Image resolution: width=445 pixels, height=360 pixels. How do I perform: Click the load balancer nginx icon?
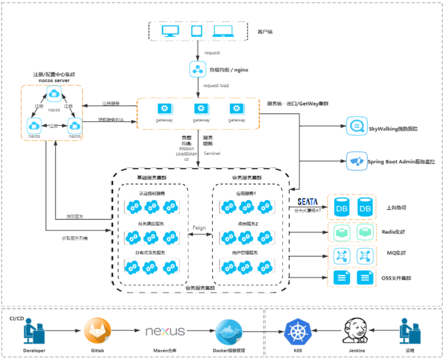197,70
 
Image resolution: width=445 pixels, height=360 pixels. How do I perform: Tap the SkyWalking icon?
354,128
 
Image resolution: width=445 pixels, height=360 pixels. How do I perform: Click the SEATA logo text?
307,202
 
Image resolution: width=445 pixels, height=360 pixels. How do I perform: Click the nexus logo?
164,331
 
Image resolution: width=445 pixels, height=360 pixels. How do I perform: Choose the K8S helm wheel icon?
298,331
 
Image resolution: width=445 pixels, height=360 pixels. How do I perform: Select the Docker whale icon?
229,330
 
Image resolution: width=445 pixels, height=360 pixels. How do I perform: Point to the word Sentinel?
212,154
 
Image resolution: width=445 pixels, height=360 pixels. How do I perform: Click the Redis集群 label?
393,232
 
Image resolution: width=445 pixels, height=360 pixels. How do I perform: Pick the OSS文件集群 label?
396,278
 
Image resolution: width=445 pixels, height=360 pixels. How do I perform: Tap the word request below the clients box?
212,53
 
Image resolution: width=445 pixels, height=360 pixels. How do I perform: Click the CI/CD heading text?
16,318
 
